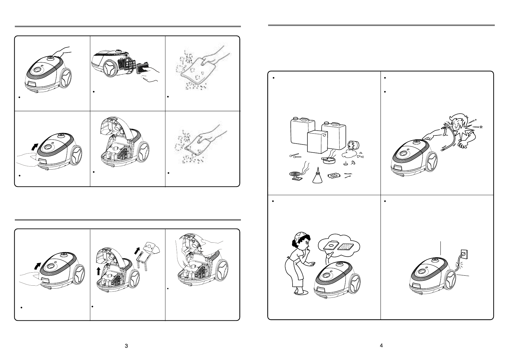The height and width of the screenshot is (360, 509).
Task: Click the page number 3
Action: tap(126, 346)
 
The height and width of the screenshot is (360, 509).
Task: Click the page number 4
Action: tap(381, 345)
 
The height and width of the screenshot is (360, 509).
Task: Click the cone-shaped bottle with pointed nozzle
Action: tap(317, 175)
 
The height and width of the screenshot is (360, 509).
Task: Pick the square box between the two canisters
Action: tap(317, 142)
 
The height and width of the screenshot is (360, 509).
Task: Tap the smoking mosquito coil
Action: tap(296, 174)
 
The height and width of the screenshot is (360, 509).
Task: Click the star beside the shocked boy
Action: tap(481, 127)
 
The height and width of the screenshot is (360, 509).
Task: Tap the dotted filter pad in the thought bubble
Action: tap(345, 247)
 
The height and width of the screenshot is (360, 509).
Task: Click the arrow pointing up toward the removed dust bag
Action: tap(137, 251)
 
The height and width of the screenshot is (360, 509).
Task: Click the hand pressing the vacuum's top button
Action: tap(62, 52)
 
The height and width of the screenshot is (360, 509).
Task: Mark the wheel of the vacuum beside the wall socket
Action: tap(450, 279)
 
